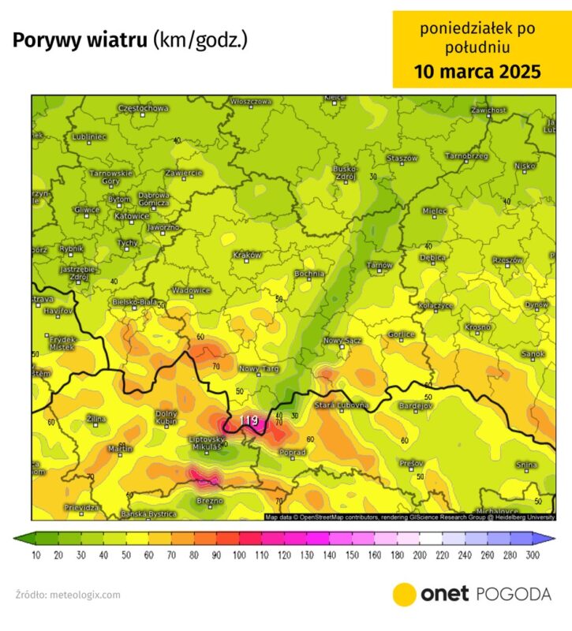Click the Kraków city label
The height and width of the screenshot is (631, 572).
click(248, 255)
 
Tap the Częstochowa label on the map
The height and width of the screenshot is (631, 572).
click(143, 108)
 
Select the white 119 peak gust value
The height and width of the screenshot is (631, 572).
click(249, 420)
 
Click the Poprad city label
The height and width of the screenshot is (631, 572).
click(293, 452)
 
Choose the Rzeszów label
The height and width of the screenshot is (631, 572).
click(507, 259)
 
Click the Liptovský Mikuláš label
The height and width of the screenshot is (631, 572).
click(205, 442)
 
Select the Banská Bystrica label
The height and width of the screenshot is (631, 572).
click(148, 514)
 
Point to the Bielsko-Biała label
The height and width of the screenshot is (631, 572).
click(133, 301)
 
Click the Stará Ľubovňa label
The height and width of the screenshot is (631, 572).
click(342, 405)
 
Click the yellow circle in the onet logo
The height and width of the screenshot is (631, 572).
click(404, 594)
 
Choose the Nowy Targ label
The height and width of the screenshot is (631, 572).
click(260, 368)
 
